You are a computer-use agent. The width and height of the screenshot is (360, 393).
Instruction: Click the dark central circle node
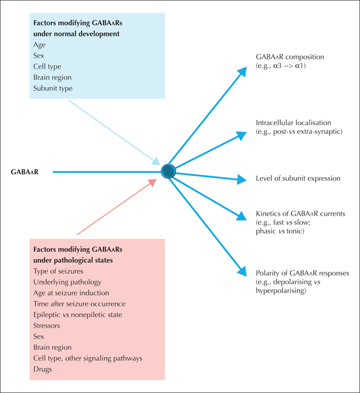coord(168,171)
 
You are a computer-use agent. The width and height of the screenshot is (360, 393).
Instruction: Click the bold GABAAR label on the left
coord(25,172)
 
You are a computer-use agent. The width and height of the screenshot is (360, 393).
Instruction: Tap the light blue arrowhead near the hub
coord(156,161)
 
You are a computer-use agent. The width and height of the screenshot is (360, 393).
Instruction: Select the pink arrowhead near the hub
coord(152,182)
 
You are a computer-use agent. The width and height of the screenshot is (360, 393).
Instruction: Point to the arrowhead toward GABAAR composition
coord(242,72)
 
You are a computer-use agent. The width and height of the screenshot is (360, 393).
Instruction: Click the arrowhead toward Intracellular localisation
coord(241,135)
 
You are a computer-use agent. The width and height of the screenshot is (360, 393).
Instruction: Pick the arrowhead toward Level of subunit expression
coord(241,179)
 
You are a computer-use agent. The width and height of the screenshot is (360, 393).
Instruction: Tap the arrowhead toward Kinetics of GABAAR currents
coord(241,216)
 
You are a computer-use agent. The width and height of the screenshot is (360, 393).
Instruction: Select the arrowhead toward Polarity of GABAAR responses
coord(242,271)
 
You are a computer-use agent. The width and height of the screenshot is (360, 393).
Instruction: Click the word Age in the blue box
coord(39,45)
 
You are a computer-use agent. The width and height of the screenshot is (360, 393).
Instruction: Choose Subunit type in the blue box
coord(53,89)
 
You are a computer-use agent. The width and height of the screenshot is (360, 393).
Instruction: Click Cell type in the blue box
coord(47,67)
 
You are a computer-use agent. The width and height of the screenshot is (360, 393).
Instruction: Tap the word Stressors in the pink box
coord(47,326)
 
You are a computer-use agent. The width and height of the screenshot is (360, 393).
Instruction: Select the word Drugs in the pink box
coord(43,369)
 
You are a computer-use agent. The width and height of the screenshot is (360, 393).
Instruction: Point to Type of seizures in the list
coord(58,271)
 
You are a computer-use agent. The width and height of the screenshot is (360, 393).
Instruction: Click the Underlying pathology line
coord(67,282)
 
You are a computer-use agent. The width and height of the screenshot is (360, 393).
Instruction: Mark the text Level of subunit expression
coord(298,179)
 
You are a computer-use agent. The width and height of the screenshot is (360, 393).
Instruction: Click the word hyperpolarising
coord(281,291)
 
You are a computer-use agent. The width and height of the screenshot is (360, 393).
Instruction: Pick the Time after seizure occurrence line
coord(80,304)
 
